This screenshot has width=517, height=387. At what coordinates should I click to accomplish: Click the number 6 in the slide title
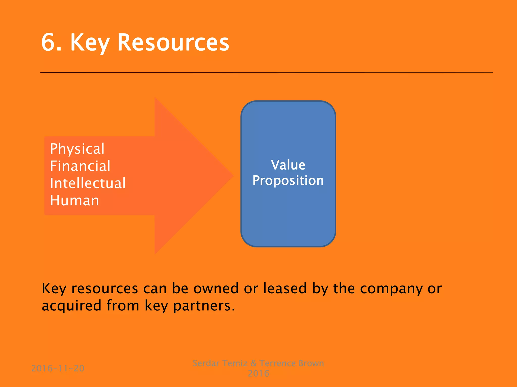pos(48,42)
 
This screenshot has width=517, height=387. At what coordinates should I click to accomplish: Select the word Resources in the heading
pos(173,42)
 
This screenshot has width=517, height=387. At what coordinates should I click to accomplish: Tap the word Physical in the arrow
pos(77,149)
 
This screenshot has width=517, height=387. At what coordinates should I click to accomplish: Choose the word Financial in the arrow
pos(80,166)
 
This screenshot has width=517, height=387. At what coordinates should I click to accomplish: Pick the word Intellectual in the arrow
pos(88,183)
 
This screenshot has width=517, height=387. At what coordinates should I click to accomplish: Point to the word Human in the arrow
pos(74,201)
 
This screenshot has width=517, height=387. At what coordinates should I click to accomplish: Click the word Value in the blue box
pos(288,165)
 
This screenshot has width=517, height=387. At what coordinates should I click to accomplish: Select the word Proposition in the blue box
pos(288,181)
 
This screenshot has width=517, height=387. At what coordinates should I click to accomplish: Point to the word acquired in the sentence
pos(71,306)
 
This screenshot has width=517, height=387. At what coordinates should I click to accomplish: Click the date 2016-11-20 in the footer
pos(58,368)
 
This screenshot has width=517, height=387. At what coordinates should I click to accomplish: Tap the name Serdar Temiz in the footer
pos(220,363)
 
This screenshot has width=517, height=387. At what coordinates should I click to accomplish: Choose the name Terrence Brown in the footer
pos(292,363)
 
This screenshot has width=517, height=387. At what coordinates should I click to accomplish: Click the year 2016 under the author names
pos(258,373)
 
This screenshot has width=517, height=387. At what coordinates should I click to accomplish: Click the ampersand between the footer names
pos(253,363)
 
